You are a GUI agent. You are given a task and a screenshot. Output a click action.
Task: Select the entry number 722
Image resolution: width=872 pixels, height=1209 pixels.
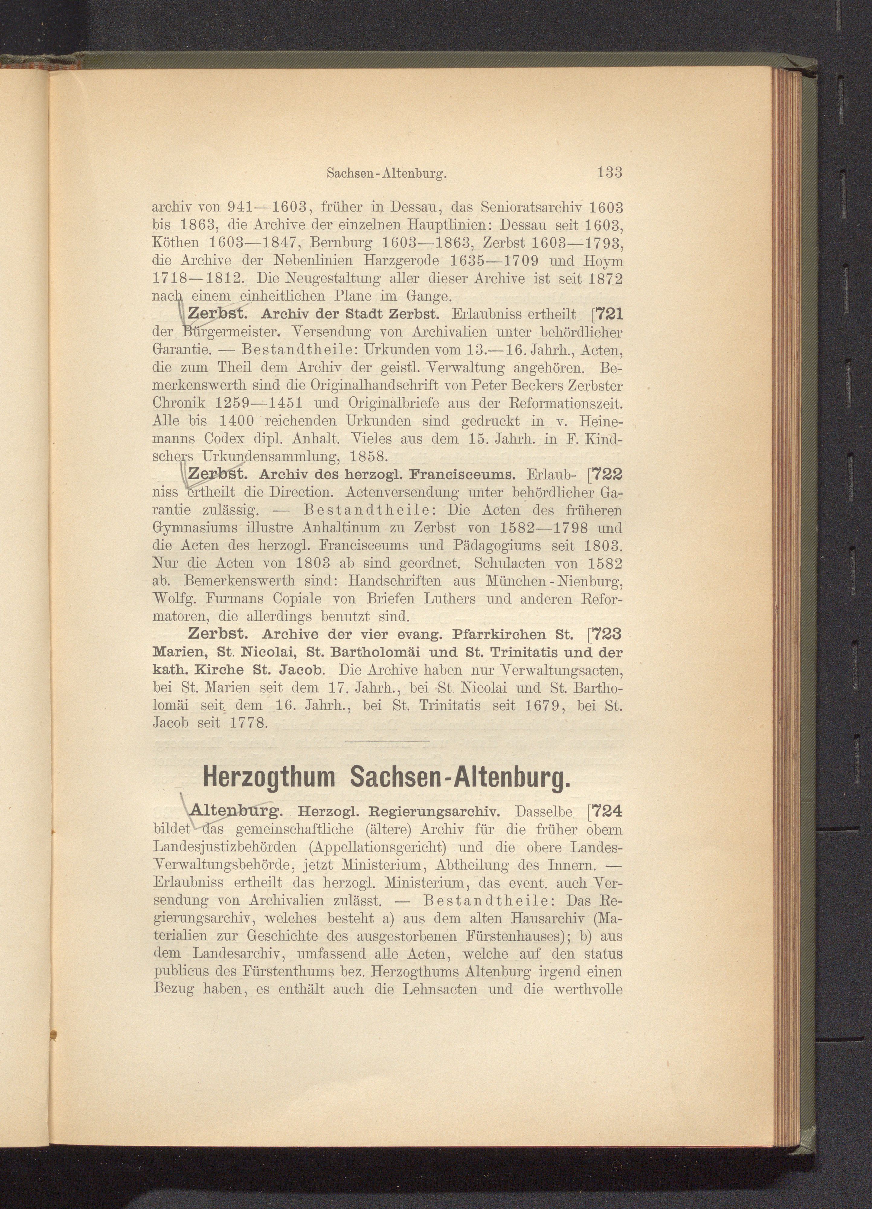point(605,474)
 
